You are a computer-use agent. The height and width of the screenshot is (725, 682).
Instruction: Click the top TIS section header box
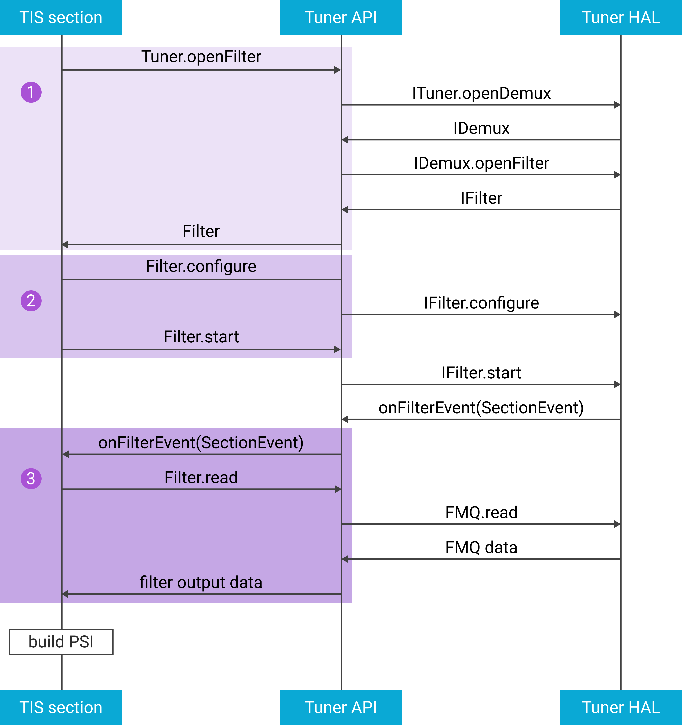(x=61, y=17)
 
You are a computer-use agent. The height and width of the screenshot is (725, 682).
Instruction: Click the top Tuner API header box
(x=341, y=17)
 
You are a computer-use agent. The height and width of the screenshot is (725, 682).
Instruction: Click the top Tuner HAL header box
(x=620, y=17)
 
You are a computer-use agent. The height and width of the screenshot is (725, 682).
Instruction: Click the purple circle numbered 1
(x=31, y=92)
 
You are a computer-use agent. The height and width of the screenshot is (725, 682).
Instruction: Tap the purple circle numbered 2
(x=31, y=301)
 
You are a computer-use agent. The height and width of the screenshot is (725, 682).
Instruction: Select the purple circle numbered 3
(x=31, y=478)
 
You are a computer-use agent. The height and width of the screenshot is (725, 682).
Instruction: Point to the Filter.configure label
(x=201, y=266)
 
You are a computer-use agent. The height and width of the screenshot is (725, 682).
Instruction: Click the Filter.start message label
(x=201, y=337)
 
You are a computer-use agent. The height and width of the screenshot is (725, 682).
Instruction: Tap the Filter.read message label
(x=201, y=477)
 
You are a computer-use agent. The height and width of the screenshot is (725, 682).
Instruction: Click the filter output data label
(x=201, y=582)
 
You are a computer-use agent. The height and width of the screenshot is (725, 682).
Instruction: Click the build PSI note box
(x=61, y=642)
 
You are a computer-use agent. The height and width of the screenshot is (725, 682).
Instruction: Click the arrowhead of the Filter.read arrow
(x=338, y=489)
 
